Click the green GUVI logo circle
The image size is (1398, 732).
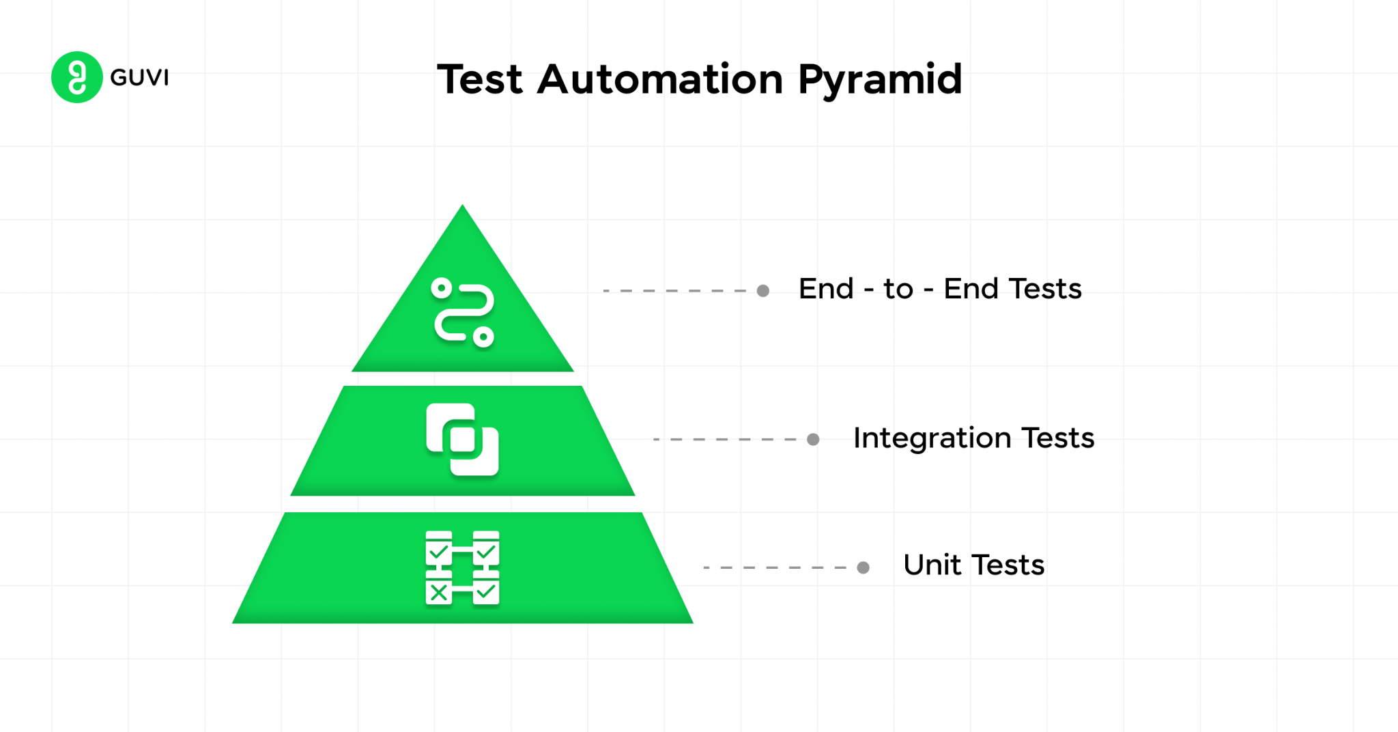[76, 77]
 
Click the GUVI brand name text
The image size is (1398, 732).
[139, 78]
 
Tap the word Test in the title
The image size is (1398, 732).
[480, 79]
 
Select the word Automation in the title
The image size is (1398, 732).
[660, 79]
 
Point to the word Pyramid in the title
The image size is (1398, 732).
[880, 81]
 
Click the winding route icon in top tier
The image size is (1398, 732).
[463, 313]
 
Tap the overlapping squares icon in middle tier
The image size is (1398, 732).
[463, 440]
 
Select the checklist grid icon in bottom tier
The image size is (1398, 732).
[463, 567]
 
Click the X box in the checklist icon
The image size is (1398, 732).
[439, 591]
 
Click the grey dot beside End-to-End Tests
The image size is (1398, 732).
[763, 291]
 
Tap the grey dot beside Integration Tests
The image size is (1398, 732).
[813, 439]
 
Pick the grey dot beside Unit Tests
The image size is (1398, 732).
[863, 567]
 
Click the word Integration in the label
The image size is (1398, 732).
[932, 438]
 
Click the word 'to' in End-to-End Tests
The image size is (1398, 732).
[898, 290]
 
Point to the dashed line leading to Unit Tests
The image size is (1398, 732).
[775, 567]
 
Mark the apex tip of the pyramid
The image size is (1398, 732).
[463, 207]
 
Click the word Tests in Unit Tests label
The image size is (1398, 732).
[1008, 565]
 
